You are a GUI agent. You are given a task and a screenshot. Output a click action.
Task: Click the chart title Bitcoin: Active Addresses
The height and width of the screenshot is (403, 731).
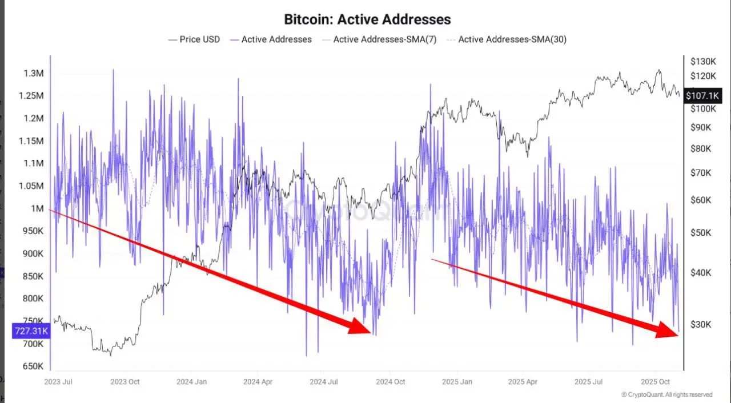pyautogui.click(x=367, y=19)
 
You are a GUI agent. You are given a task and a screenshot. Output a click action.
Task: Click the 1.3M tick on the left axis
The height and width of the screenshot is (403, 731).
pyautogui.click(x=34, y=74)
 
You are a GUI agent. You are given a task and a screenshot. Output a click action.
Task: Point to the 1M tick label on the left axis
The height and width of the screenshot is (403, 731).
pyautogui.click(x=37, y=209)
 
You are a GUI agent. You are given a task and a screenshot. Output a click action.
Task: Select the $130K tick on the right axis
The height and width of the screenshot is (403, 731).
pyautogui.click(x=702, y=62)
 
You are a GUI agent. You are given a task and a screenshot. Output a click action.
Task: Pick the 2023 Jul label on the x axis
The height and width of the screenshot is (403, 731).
pyautogui.click(x=58, y=381)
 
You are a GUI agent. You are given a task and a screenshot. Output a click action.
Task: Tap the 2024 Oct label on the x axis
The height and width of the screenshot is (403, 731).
pyautogui.click(x=391, y=381)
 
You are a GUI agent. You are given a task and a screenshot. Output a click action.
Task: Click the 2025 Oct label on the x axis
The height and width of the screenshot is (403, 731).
pyautogui.click(x=655, y=381)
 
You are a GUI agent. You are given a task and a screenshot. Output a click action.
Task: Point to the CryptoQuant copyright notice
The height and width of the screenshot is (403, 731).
pyautogui.click(x=666, y=394)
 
